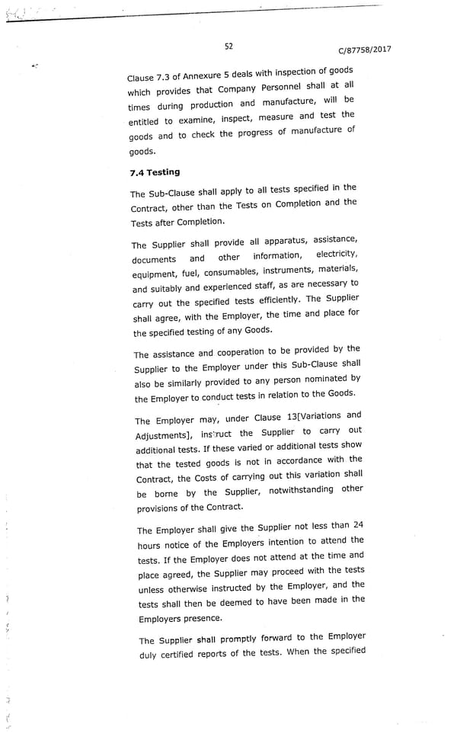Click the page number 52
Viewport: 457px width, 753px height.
(228, 46)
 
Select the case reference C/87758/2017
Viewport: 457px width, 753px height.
(364, 51)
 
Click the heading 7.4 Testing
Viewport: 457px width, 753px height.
(155, 172)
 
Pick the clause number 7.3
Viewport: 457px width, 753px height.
(165, 76)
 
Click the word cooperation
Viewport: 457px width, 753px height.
(225, 353)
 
